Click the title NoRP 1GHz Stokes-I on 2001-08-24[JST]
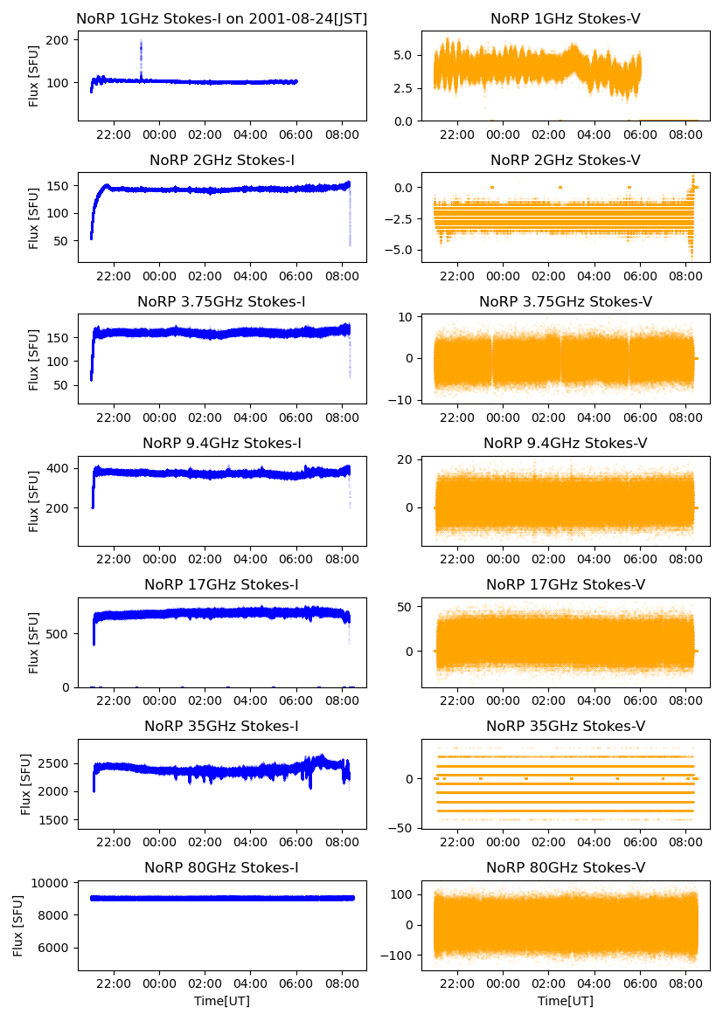222,18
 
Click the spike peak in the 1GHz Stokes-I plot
141,41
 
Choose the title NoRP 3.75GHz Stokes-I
221,301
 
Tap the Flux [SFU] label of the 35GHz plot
25,784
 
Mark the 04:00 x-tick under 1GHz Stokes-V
594,135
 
